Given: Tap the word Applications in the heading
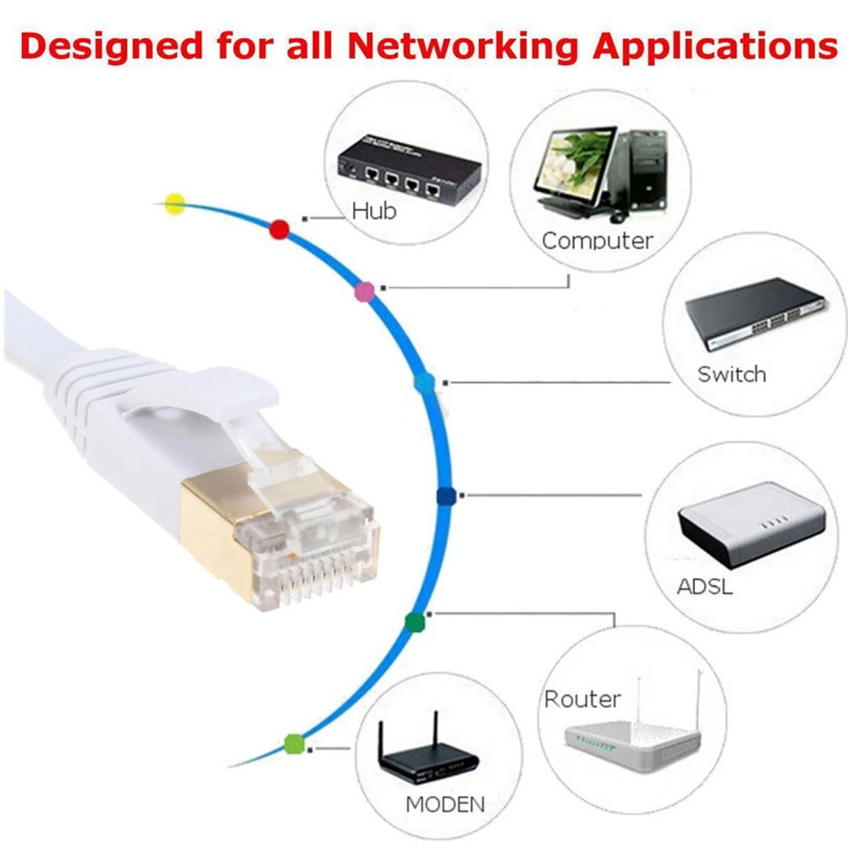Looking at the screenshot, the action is click(715, 47).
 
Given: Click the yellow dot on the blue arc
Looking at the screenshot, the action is click(175, 204).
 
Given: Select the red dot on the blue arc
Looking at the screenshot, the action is click(279, 230).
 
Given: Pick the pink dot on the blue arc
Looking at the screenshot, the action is click(364, 292).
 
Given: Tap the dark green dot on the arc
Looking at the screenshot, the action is click(414, 622).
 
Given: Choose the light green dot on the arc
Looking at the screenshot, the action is click(294, 745).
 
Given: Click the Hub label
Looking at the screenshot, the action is click(374, 211).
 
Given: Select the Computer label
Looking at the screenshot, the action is click(597, 241).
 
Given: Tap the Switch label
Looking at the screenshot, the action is click(732, 374).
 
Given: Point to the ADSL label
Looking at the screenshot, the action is click(705, 587).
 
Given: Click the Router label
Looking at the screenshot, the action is click(583, 699).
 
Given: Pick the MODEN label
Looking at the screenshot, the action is click(446, 805).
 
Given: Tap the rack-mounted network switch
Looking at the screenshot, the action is click(755, 313).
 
